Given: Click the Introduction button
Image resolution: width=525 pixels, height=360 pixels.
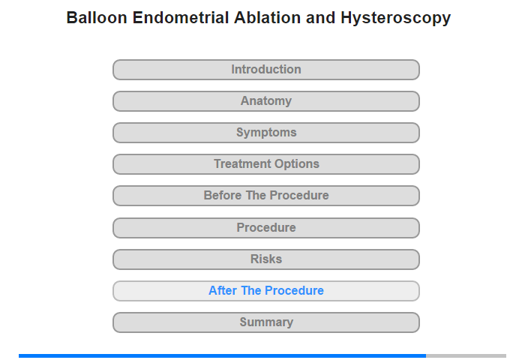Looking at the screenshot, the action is tap(266, 70).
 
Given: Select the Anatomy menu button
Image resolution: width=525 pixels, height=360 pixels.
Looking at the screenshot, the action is tap(266, 101).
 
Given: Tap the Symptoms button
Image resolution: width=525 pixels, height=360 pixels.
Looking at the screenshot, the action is tap(266, 133).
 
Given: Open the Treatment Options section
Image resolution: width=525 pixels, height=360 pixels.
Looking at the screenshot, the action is tap(266, 164).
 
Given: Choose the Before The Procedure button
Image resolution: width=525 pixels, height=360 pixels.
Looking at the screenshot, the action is tap(266, 196).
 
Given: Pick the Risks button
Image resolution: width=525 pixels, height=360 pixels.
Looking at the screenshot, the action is tap(266, 259).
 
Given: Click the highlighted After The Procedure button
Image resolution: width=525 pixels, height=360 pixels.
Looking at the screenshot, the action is tap(266, 291).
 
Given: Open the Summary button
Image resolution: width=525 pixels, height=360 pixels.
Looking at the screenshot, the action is tap(266, 322).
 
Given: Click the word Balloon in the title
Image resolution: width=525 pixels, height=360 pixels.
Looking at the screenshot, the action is tap(97, 18).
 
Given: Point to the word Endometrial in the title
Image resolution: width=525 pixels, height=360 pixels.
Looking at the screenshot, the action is tap(181, 18).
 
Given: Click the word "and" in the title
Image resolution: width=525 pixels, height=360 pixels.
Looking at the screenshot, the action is tap(320, 18).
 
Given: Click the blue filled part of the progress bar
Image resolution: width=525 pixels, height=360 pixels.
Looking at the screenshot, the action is tap(222, 355).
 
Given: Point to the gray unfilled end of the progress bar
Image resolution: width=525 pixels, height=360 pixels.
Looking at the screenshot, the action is tap(466, 355).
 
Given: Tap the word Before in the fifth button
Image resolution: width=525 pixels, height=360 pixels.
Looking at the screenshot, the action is tap(223, 195).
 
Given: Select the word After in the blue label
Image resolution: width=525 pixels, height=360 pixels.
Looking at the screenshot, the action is tap(223, 290).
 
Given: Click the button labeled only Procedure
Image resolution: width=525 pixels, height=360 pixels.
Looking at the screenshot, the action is tap(266, 228).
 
